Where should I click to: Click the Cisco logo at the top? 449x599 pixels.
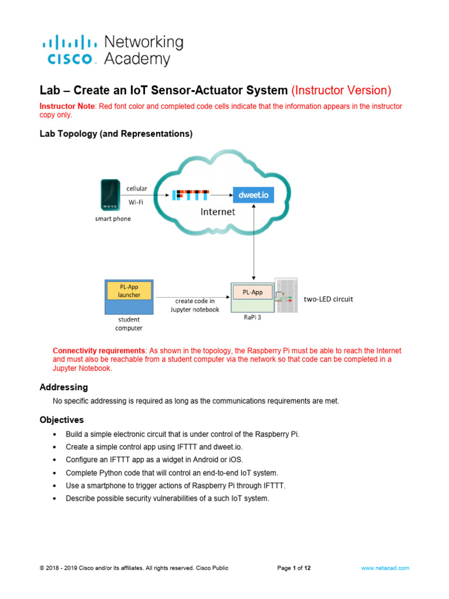(x=111, y=50)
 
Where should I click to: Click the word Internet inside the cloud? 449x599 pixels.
(x=217, y=212)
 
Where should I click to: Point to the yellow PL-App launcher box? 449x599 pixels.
(x=129, y=291)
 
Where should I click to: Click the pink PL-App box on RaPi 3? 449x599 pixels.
(x=253, y=292)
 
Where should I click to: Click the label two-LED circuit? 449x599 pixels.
(x=329, y=299)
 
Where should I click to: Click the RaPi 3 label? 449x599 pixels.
(x=252, y=319)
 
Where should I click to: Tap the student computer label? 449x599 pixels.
(x=129, y=323)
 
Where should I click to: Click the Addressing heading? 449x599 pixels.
(x=64, y=387)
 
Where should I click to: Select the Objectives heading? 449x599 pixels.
(x=61, y=420)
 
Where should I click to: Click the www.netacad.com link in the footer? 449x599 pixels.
(x=385, y=568)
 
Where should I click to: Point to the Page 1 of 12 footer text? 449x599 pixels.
(x=293, y=568)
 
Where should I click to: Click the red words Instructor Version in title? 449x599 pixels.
(x=341, y=91)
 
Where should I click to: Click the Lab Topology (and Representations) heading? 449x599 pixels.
(x=116, y=134)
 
